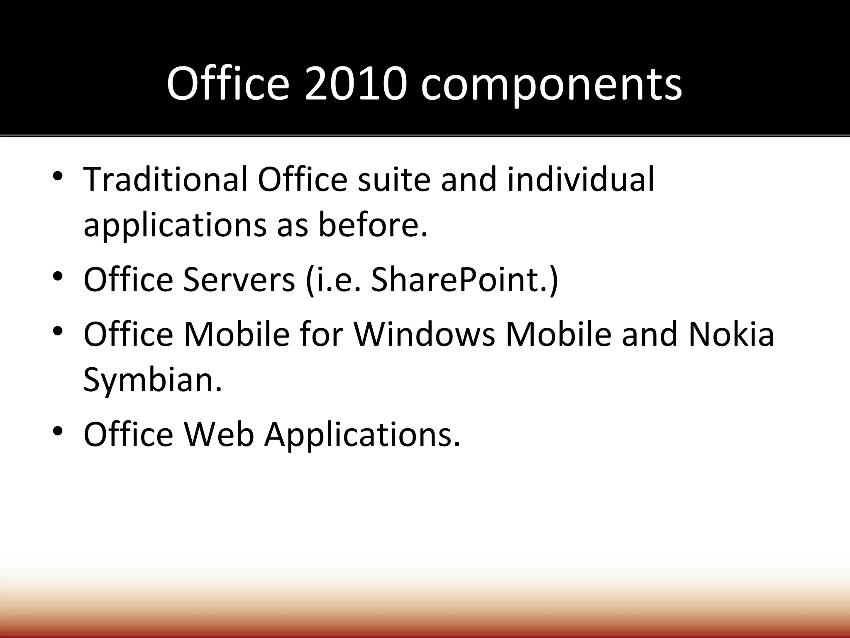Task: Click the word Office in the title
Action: (227, 84)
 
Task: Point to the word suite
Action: (393, 179)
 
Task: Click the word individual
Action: (581, 179)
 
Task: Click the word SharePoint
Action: (461, 280)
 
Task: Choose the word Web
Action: (219, 434)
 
